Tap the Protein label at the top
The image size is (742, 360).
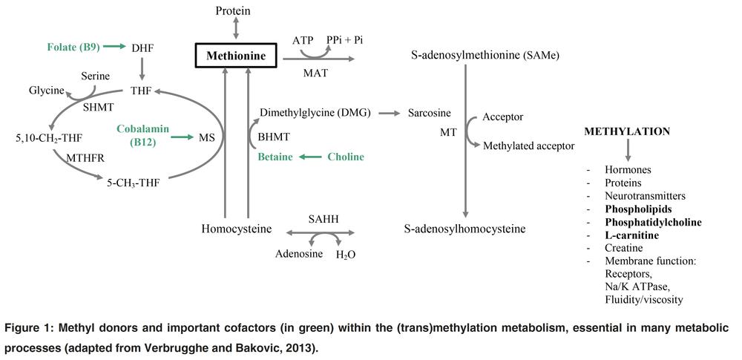233,10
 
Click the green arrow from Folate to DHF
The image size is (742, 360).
114,47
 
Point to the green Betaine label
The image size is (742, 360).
275,157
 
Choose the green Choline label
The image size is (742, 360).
345,157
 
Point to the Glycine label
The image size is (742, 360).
47,91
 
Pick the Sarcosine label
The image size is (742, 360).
430,114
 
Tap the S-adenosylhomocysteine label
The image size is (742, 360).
466,229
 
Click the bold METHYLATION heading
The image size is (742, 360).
627,131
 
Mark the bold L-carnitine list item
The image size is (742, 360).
632,235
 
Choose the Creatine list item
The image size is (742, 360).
624,248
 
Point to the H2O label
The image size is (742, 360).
346,255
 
